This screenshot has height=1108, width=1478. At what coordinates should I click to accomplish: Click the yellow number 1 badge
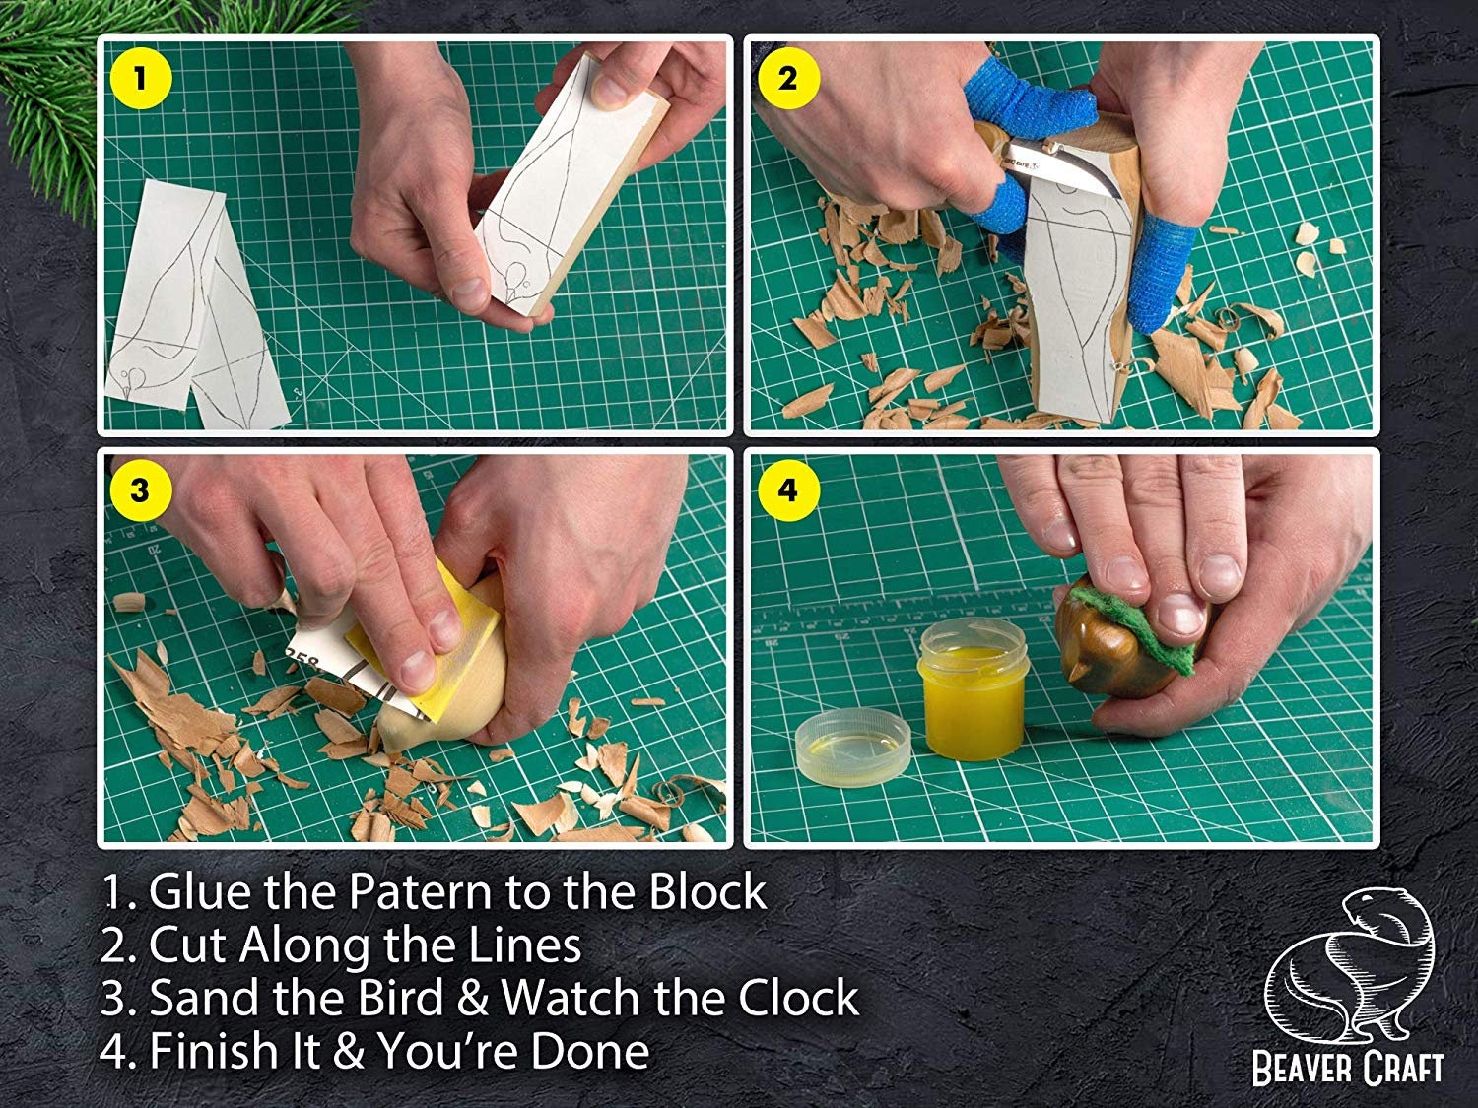click(x=139, y=79)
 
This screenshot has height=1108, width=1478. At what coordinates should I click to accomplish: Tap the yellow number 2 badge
click(x=788, y=80)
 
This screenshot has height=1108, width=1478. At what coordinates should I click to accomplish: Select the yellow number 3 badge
click(x=139, y=490)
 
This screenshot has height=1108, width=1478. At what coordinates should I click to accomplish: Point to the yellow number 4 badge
click(x=788, y=490)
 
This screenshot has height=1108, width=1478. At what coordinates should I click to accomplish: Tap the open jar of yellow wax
click(x=972, y=688)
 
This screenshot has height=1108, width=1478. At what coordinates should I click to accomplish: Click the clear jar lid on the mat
click(x=852, y=747)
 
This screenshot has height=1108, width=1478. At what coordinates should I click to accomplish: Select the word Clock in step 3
click(x=798, y=997)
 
